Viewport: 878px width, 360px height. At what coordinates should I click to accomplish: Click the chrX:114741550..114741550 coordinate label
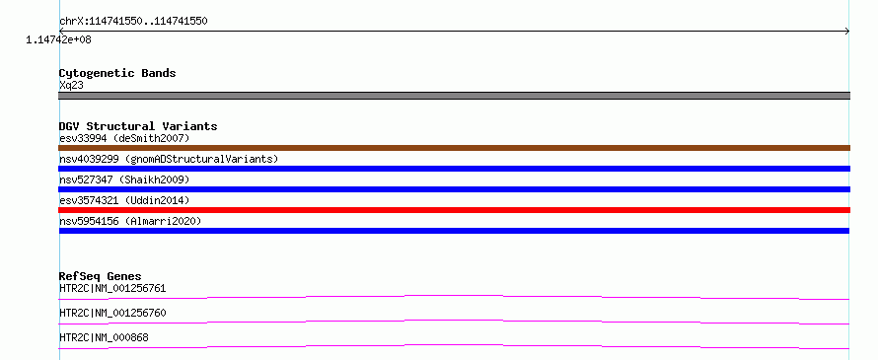click(133, 22)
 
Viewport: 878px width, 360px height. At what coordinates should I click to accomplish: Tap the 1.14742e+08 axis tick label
click(59, 39)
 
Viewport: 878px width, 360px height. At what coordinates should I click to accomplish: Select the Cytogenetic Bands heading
click(117, 73)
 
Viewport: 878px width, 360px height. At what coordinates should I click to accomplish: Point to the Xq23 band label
click(71, 85)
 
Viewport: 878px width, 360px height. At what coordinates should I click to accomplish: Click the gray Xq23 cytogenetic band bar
click(454, 96)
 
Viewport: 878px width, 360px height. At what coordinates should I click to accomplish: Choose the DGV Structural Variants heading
click(138, 126)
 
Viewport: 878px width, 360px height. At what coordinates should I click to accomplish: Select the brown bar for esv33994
click(454, 148)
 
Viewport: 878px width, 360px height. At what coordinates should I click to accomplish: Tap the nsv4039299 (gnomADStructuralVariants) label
click(169, 159)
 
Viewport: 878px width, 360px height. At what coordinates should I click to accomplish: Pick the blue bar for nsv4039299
click(454, 169)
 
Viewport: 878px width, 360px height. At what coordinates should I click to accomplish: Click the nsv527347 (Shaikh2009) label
click(125, 180)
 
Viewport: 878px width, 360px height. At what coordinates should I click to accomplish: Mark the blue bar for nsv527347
click(454, 189)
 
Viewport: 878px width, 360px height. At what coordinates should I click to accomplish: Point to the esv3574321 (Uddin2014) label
click(125, 200)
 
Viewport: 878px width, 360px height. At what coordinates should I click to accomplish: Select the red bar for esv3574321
click(454, 210)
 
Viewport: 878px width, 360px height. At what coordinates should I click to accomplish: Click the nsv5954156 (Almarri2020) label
click(130, 221)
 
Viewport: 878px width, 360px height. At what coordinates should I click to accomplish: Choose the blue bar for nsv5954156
click(454, 231)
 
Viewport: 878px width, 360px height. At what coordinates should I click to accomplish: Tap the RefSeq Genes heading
click(101, 276)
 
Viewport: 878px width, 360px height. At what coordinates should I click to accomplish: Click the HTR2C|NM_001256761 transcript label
click(112, 288)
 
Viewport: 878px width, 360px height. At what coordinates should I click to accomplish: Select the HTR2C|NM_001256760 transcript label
click(112, 313)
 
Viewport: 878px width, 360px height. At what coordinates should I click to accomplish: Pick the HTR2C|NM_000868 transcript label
click(104, 337)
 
